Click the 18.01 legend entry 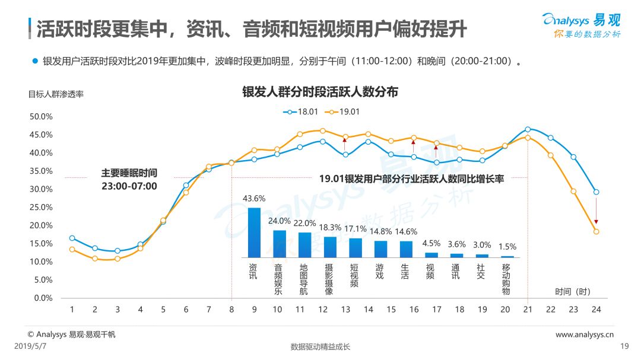coord(300,111)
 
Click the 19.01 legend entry coord(342,111)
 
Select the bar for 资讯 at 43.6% coord(254,232)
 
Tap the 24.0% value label coord(279,221)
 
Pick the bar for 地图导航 coord(304,245)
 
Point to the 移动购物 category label coord(506,279)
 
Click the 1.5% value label coord(507,247)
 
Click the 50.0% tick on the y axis coord(41,116)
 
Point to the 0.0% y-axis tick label coord(43,298)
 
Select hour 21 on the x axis coord(528,310)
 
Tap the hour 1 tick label coord(72,310)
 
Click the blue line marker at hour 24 coord(596,192)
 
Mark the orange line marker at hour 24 coord(596,232)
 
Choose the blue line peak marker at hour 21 coord(528,129)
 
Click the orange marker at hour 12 coord(322,130)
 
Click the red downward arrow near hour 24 coord(596,211)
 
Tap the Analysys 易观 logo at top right coord(581,26)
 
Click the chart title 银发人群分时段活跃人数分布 coord(320,92)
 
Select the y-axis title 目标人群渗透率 coord(56,94)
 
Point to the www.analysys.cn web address coord(585,334)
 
